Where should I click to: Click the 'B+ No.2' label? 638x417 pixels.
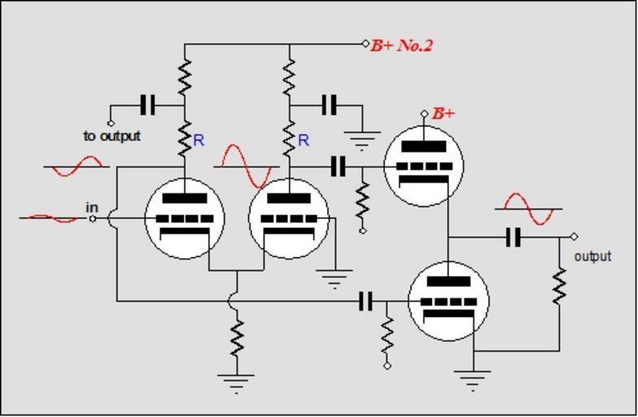(402, 45)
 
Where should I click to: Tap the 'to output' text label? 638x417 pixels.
(111, 136)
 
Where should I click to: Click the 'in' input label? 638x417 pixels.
(92, 208)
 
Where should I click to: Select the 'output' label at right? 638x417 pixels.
(592, 257)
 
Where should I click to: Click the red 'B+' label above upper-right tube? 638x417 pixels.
(443, 113)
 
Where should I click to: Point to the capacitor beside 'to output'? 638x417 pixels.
(147, 105)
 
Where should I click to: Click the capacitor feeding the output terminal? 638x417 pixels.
(513, 237)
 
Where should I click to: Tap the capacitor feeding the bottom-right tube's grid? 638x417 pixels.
(366, 301)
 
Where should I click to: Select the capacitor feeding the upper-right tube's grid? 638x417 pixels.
(339, 167)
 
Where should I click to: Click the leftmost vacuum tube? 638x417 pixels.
(184, 218)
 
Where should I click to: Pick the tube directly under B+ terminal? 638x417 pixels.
(423, 166)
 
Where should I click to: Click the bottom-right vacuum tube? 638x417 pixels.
(448, 301)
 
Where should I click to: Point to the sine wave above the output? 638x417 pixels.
(529, 208)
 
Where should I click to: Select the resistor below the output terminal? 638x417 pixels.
(559, 286)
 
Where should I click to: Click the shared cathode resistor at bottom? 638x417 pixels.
(237, 338)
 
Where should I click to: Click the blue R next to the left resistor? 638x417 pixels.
(199, 140)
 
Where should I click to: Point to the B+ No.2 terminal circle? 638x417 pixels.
(365, 43)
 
